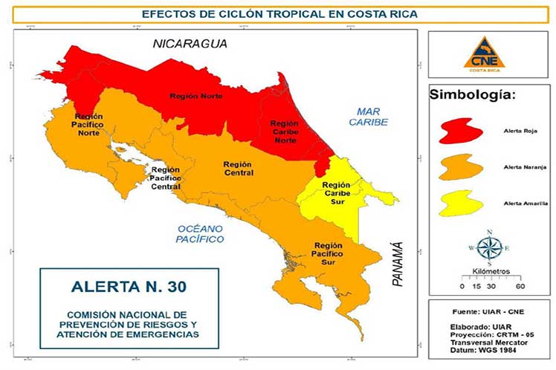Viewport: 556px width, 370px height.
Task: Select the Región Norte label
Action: tap(191, 97)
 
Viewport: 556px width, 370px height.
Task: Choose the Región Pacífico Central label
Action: tap(165, 178)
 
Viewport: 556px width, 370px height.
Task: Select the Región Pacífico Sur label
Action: tap(328, 254)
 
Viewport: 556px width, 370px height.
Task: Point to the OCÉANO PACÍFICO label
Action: tap(200, 234)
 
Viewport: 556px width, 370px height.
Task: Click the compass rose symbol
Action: tap(488, 247)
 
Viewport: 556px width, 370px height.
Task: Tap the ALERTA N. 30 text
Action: tap(129, 287)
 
